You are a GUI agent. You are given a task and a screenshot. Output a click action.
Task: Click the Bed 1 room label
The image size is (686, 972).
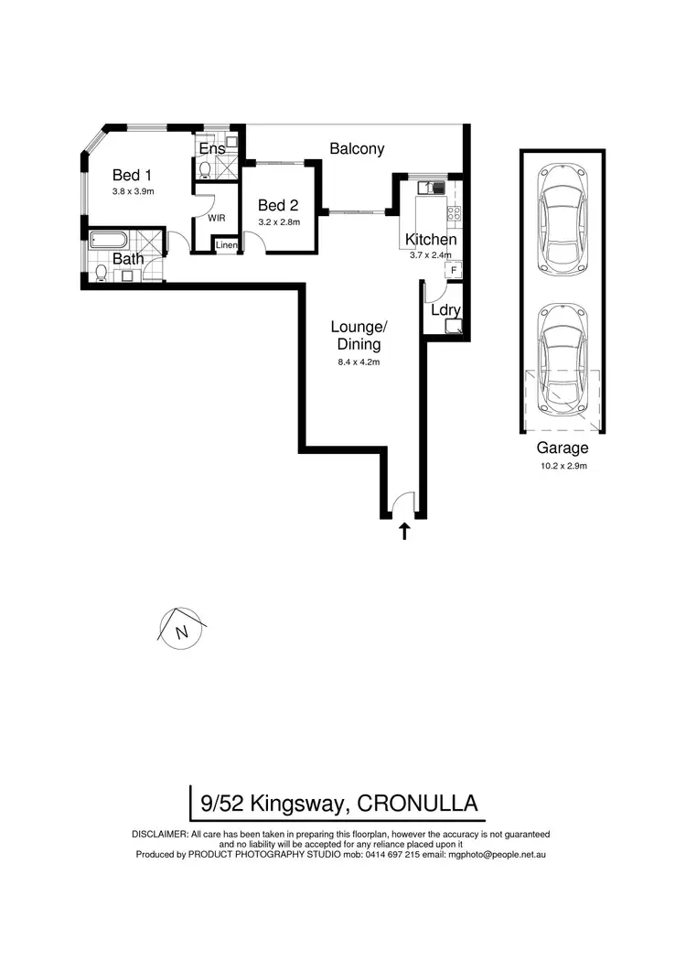click(132, 175)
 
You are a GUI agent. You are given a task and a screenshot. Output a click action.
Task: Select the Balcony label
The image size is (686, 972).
click(357, 148)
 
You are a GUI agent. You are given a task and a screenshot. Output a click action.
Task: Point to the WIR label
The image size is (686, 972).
click(217, 218)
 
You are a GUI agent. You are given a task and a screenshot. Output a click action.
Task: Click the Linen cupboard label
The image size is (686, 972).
click(226, 245)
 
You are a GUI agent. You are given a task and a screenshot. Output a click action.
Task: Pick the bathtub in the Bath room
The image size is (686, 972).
click(109, 241)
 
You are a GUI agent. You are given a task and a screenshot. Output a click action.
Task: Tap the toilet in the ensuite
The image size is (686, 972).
click(204, 168)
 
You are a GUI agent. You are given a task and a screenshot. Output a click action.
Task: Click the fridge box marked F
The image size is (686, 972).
click(453, 270)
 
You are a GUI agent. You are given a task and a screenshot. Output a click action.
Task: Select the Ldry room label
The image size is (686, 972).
click(445, 309)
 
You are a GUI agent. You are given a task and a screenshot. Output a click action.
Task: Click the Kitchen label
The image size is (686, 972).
click(431, 240)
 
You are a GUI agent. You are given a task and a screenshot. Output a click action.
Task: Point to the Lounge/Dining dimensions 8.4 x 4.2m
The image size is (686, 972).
click(358, 362)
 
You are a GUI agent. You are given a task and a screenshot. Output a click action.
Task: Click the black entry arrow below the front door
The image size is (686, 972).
click(403, 531)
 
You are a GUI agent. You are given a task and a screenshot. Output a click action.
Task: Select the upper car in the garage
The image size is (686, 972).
click(562, 220)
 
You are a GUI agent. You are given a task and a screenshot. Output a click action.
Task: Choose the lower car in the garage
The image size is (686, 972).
click(562, 357)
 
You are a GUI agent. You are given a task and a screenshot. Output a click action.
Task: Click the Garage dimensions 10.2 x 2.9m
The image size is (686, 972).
click(562, 467)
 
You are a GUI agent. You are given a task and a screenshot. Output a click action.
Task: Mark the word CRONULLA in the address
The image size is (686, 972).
click(417, 804)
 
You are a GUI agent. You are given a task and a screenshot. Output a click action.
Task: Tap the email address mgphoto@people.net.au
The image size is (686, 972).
click(496, 854)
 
